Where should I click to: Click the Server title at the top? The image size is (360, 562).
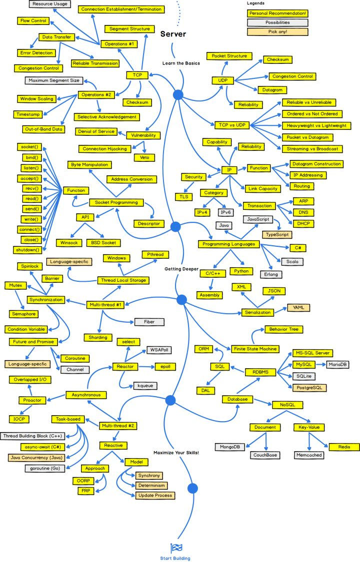(173, 34)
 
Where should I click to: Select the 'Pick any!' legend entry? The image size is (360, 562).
(277, 32)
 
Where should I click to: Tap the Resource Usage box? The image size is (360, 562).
(49, 4)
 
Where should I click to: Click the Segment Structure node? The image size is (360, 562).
(129, 29)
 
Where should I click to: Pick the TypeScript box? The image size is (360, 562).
(276, 234)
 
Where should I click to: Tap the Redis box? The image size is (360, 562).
(343, 447)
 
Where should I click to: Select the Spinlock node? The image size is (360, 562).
(30, 266)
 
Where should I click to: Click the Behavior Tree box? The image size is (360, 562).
(283, 330)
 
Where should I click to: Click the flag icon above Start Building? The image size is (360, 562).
(176, 548)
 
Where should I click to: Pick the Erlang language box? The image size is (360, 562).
(271, 274)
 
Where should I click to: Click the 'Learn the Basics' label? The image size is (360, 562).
(181, 63)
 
